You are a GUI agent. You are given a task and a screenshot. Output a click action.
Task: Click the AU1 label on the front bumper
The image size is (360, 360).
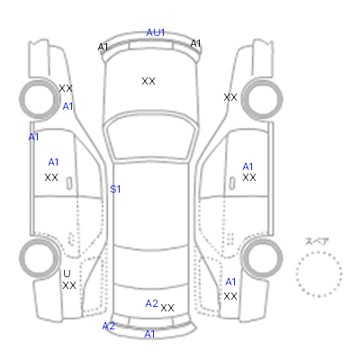coord(156,32)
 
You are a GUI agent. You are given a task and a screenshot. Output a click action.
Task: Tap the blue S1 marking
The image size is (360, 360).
coord(115,189)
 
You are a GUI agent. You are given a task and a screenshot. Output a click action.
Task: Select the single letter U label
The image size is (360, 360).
coord(67,274)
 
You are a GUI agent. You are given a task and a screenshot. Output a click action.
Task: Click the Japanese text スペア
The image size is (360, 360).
coord(317,241)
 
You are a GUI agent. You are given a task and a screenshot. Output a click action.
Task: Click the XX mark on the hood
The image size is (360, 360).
coord(148,81)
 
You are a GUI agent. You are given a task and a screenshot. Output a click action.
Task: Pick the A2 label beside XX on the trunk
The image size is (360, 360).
coord(151,303)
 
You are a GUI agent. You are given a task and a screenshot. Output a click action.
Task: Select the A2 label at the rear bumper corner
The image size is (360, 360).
coord(108,326)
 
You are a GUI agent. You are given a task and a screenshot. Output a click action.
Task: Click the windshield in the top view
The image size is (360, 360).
coord(152,137)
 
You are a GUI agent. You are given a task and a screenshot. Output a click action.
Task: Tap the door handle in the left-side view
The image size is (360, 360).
coord(69,184)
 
